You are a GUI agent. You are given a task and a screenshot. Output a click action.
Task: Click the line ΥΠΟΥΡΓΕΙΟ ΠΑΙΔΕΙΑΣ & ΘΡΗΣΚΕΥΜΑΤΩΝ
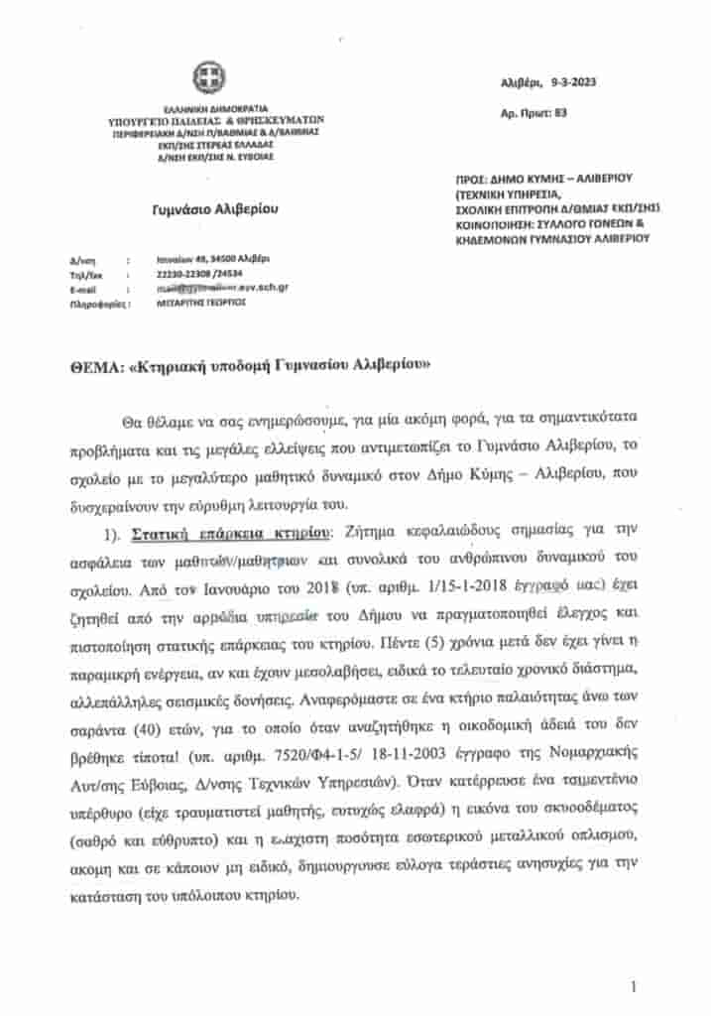(x=216, y=120)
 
